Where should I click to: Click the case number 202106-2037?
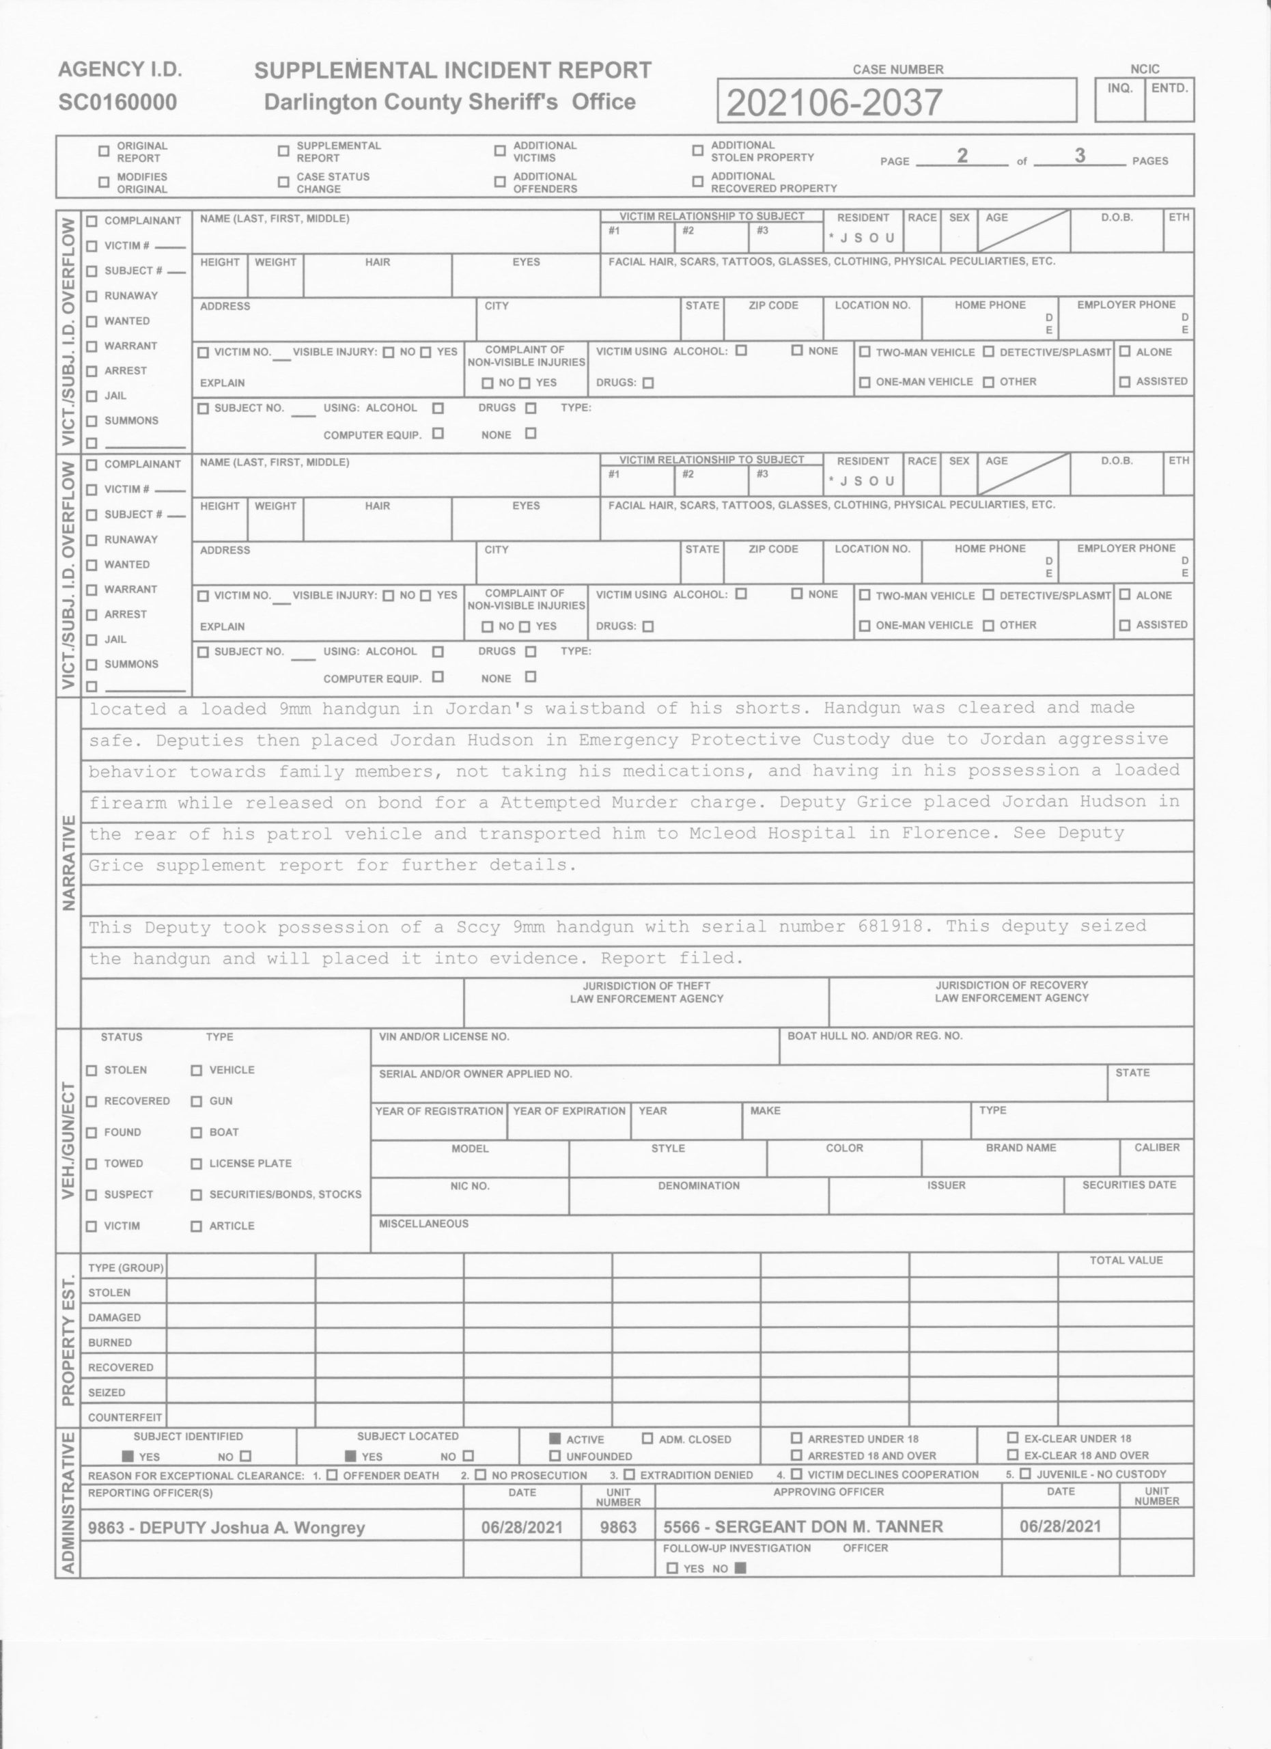[834, 102]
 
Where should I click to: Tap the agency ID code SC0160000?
[117, 102]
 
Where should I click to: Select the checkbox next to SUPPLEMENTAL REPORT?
[283, 151]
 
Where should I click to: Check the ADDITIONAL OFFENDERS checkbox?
[500, 182]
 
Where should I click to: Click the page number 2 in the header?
[962, 155]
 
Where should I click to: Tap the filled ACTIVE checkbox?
[554, 1439]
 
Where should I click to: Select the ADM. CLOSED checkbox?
[647, 1439]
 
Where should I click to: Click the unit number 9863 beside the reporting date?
[618, 1527]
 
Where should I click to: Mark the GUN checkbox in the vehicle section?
[197, 1101]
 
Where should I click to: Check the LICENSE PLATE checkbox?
[197, 1163]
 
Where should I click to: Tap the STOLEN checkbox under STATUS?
[92, 1071]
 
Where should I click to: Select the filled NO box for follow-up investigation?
[741, 1569]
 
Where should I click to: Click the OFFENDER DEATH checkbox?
[331, 1475]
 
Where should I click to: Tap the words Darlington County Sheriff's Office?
[449, 102]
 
